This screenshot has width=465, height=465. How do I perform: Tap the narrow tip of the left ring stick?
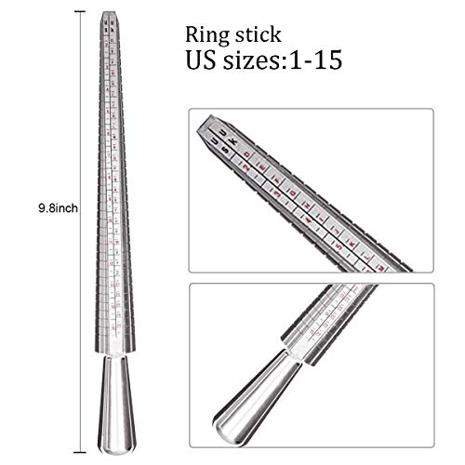pos(110,15)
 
